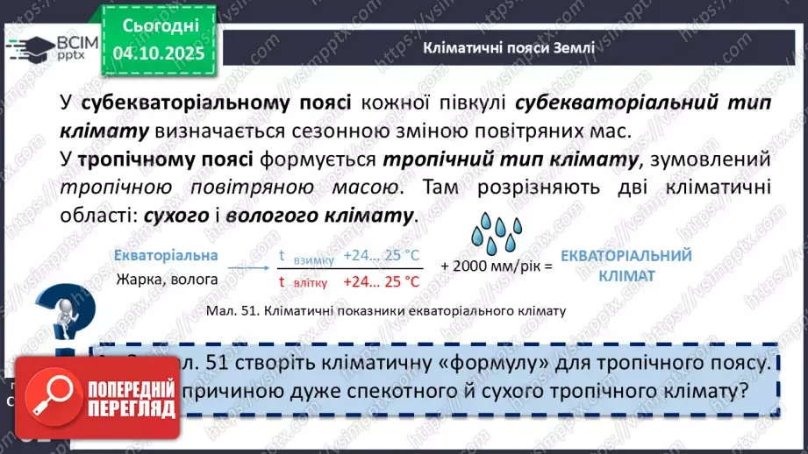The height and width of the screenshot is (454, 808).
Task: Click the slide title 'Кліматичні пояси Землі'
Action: coord(509,47)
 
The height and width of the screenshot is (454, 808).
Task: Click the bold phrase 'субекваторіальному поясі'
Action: coord(217,103)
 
